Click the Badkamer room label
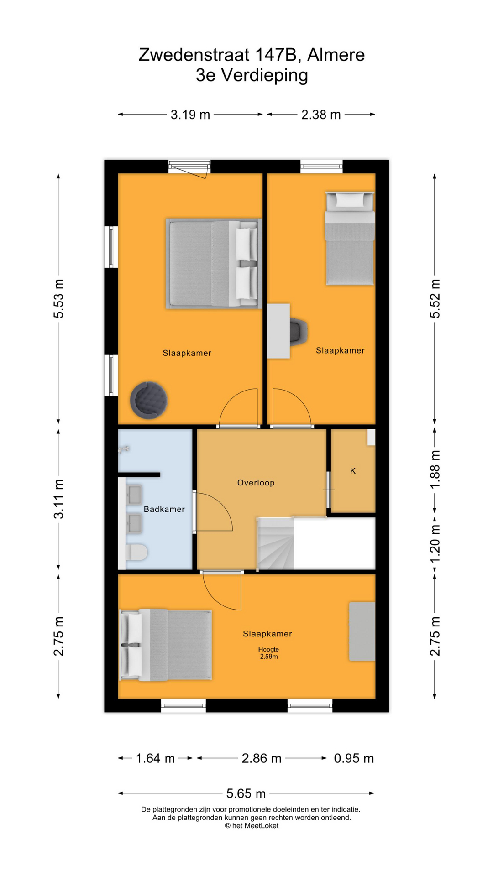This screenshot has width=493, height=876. pyautogui.click(x=164, y=509)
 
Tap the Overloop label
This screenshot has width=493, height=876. pyautogui.click(x=256, y=483)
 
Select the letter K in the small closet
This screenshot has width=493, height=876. pyautogui.click(x=353, y=471)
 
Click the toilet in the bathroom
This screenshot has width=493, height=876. pyautogui.click(x=136, y=553)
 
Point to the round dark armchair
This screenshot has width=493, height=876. pyautogui.click(x=148, y=400)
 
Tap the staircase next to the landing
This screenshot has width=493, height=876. pyautogui.click(x=275, y=543)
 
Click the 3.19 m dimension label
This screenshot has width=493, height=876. pyautogui.click(x=190, y=115)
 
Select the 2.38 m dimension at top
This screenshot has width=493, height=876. pyautogui.click(x=321, y=115)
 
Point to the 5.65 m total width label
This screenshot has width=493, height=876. pyautogui.click(x=246, y=793)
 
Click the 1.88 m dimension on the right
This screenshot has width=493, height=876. pyautogui.click(x=435, y=469)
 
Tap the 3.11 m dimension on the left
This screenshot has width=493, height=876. pyautogui.click(x=59, y=499)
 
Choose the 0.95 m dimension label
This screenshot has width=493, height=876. pyautogui.click(x=354, y=758)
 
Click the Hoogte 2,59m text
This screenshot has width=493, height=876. pyautogui.click(x=268, y=653)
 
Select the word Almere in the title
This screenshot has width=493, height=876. pyautogui.click(x=336, y=55)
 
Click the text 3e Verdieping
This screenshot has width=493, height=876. pyautogui.click(x=252, y=75)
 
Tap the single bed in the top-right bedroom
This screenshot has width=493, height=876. pyautogui.click(x=350, y=238)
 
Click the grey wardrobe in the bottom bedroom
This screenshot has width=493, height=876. pyautogui.click(x=362, y=631)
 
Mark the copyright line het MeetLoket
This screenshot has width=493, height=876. pyautogui.click(x=252, y=825)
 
